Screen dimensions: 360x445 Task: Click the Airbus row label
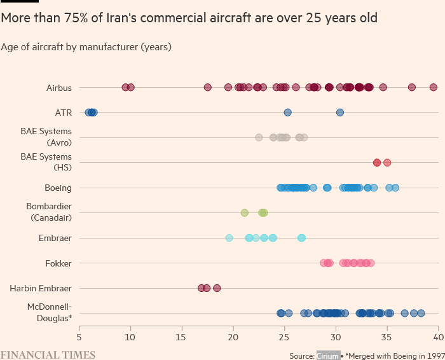point(59,88)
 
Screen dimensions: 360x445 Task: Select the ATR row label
point(64,113)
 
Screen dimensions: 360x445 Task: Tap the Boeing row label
point(58,188)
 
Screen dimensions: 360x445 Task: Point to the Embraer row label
point(56,238)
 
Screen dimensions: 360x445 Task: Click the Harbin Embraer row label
point(41,288)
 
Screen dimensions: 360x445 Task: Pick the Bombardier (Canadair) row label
point(49,212)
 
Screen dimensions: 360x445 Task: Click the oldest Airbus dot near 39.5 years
point(433,87)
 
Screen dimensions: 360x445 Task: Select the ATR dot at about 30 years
point(340,113)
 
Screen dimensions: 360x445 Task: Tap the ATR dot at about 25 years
point(287,113)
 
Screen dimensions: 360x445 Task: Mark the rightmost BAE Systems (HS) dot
point(387,162)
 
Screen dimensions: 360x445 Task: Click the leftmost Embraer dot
point(229,238)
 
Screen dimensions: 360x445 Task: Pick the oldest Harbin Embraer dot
point(217,288)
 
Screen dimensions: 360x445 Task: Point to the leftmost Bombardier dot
point(244,212)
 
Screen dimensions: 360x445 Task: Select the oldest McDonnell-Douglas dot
point(421,313)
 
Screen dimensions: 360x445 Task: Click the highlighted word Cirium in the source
point(327,356)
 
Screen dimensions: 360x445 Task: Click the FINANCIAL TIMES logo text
point(48,355)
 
